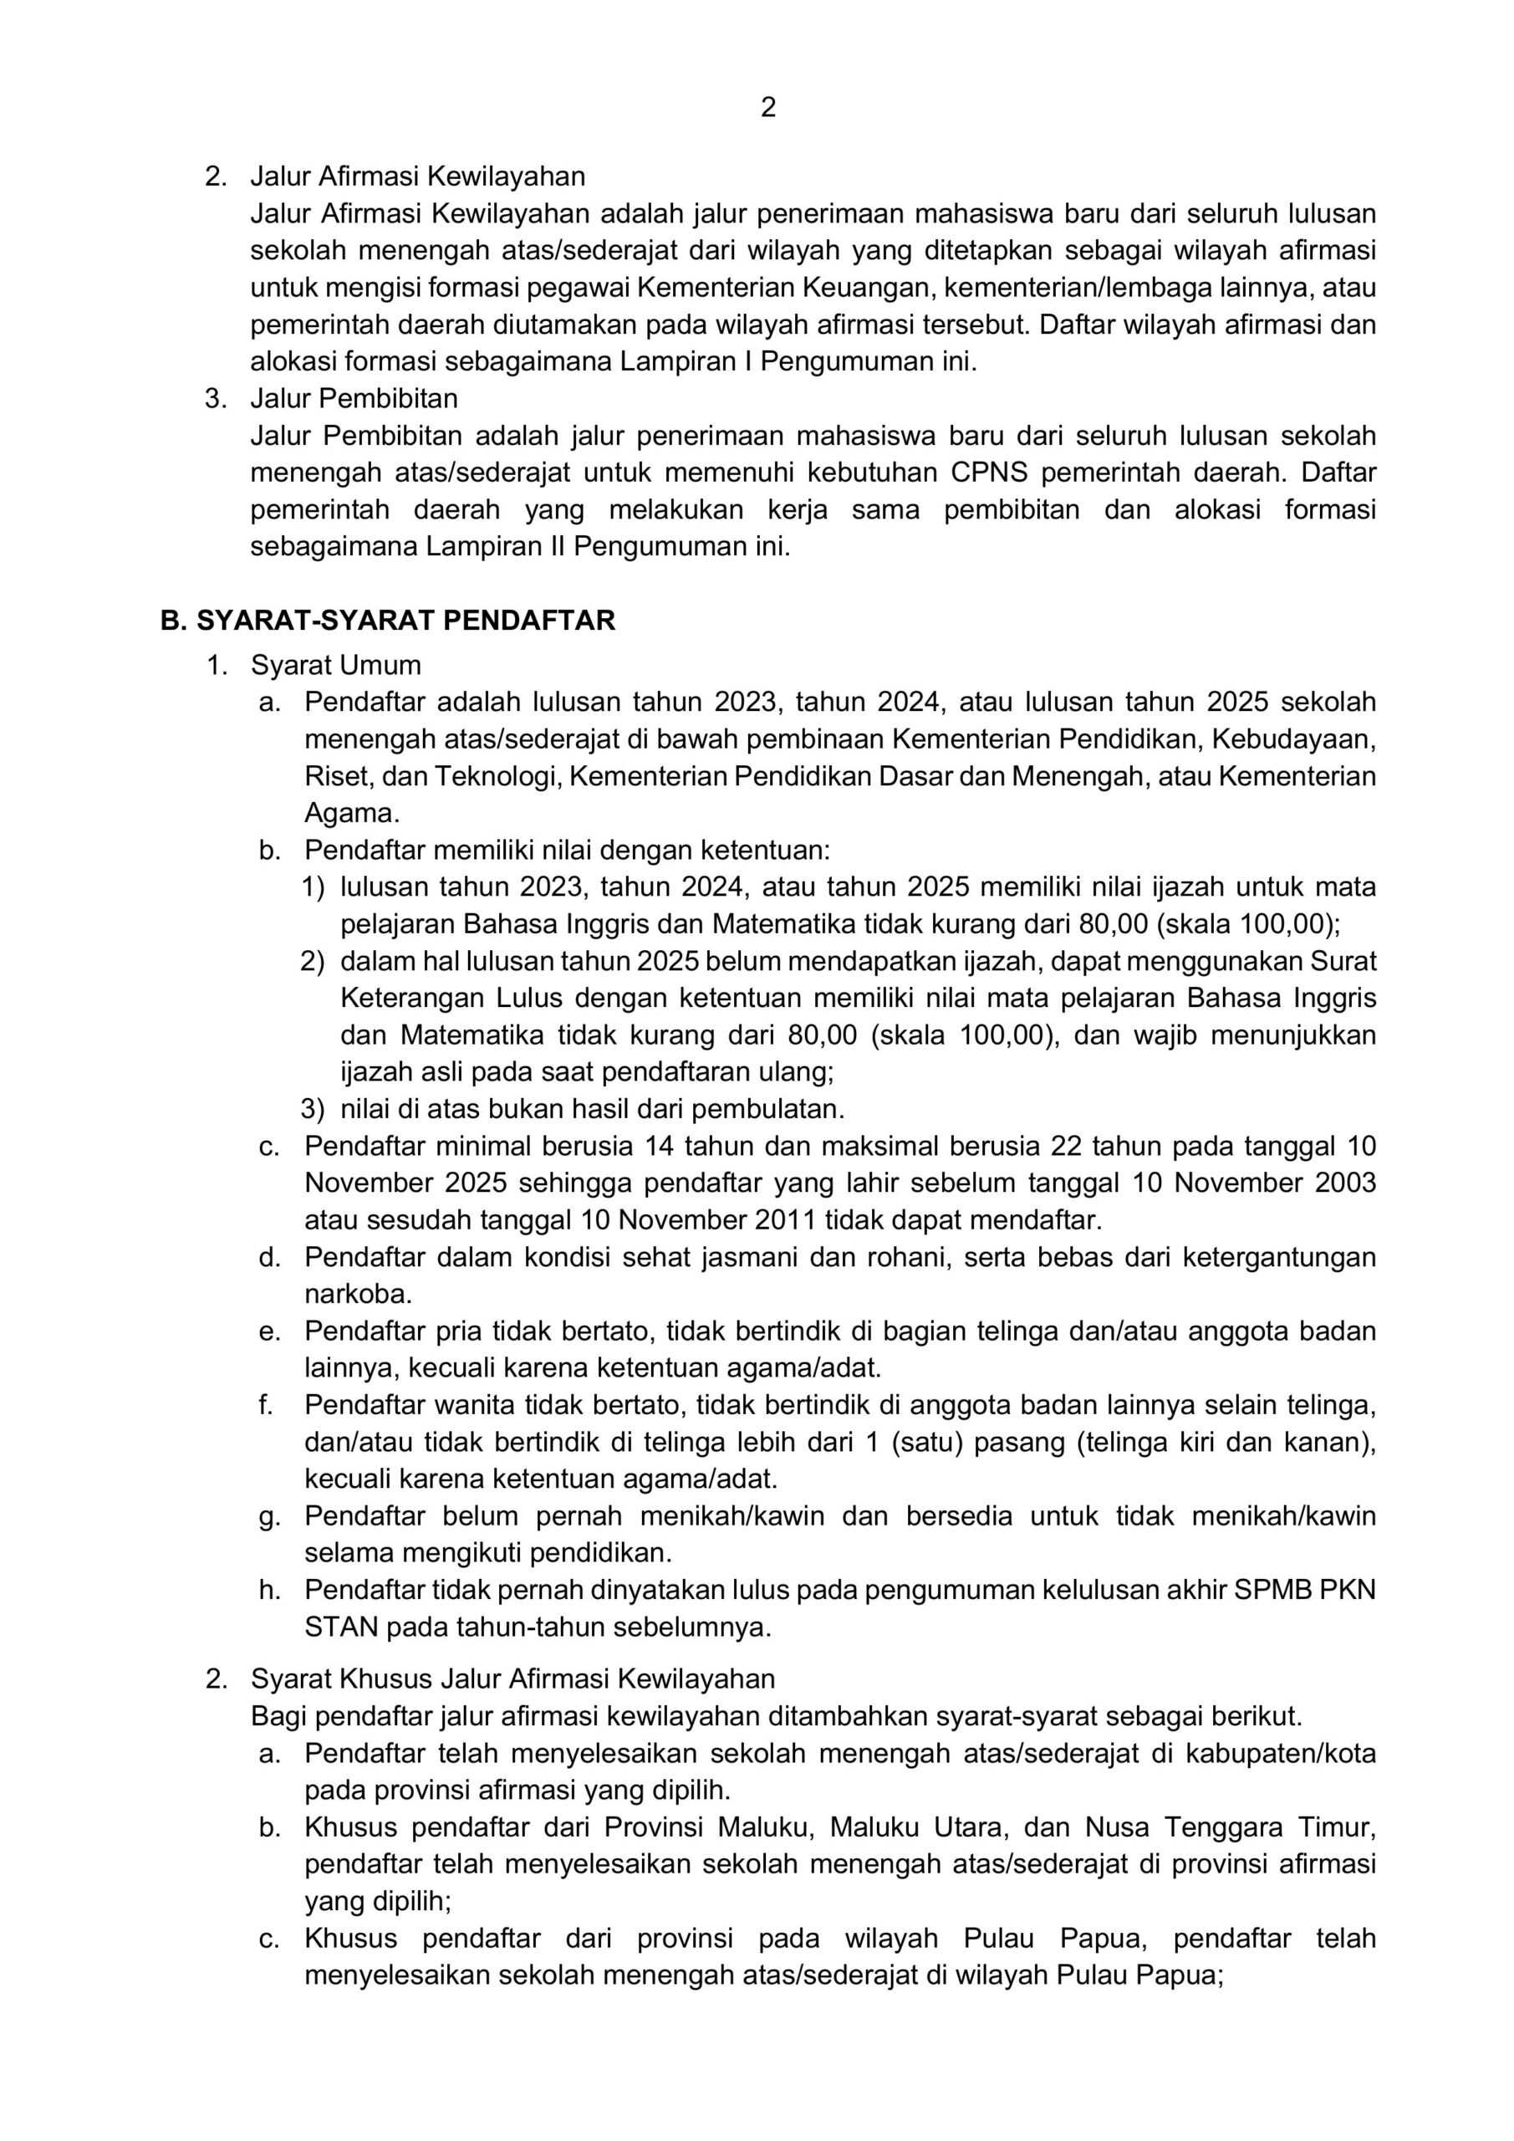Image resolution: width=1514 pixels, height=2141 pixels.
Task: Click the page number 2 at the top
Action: click(768, 108)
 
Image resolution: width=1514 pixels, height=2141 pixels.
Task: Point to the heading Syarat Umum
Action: click(335, 666)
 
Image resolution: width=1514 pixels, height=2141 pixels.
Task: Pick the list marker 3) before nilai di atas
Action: click(314, 1110)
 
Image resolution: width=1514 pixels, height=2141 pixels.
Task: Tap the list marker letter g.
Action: click(269, 1517)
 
